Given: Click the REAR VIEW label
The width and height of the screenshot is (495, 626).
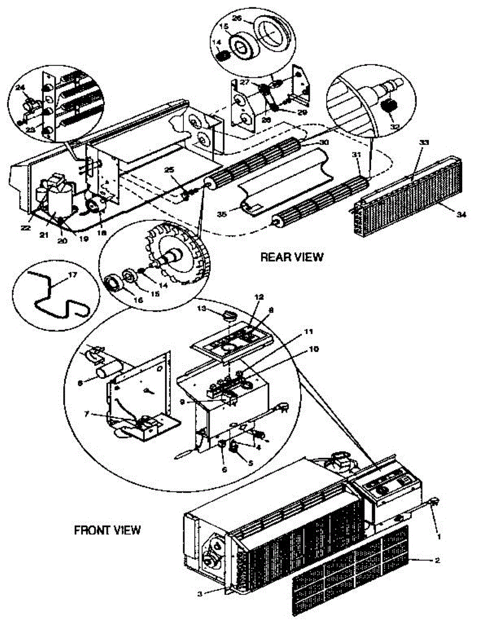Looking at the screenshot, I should click(x=292, y=257).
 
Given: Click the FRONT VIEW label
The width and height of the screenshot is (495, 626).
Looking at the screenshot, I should click(x=107, y=530).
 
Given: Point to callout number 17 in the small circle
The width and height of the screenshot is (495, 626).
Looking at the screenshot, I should click(x=72, y=275).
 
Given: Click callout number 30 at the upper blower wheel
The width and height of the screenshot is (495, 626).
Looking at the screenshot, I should click(x=324, y=142).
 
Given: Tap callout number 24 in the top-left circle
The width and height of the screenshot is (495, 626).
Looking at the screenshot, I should click(x=22, y=88).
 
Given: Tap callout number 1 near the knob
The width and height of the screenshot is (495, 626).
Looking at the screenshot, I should click(x=439, y=535).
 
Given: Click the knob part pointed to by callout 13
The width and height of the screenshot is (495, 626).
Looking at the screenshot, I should click(x=229, y=315).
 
